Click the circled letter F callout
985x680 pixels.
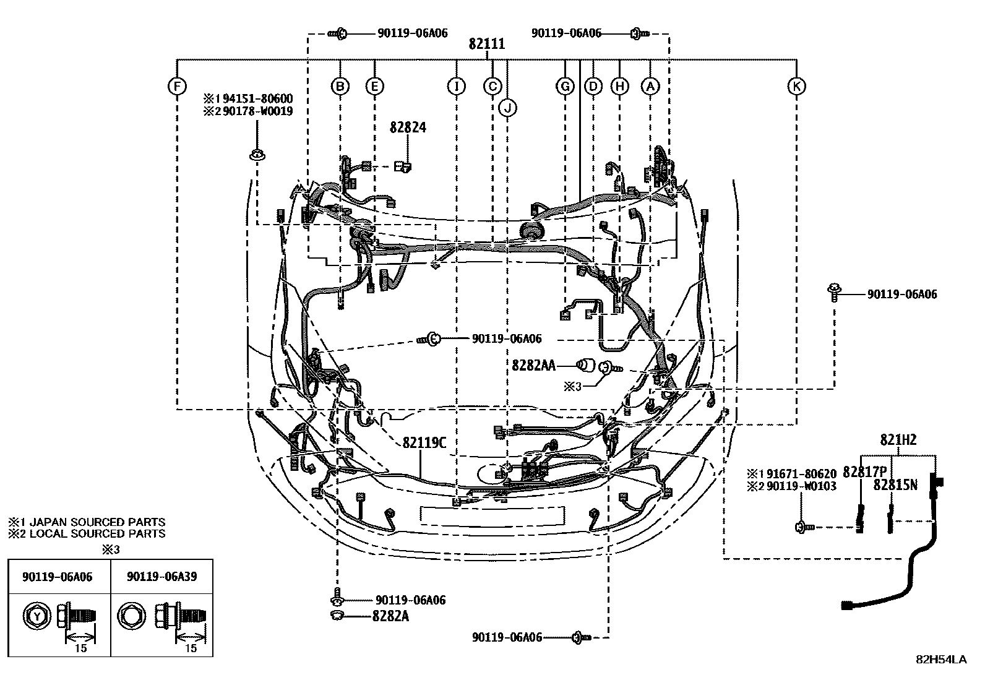click(177, 87)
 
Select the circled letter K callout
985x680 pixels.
click(796, 87)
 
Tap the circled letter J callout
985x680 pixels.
click(507, 108)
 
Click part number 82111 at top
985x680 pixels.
click(486, 44)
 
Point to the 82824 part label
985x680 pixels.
click(408, 127)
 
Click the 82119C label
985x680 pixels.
click(424, 443)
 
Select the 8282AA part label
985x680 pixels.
click(533, 365)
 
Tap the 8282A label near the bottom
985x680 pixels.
click(390, 616)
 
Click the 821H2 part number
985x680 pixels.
click(898, 440)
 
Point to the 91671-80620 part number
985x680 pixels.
click(801, 475)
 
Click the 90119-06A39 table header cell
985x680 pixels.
click(161, 576)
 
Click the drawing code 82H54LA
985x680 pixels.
click(940, 660)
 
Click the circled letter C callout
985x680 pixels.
click(492, 87)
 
